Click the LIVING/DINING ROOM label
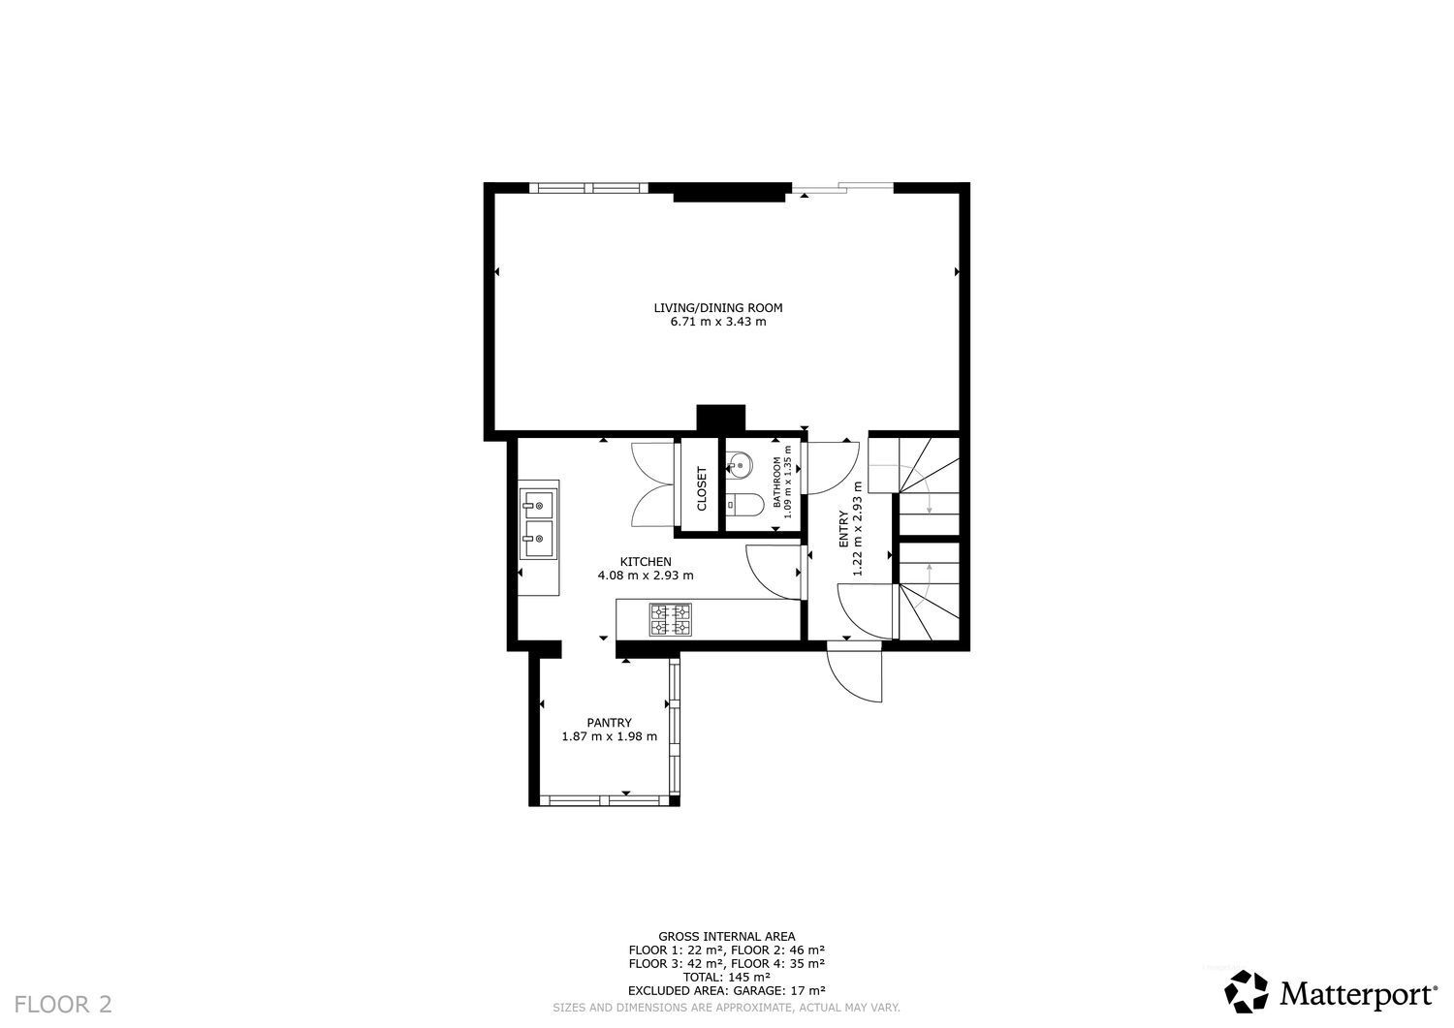point(718,307)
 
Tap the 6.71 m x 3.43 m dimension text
point(718,322)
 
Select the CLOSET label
point(702,488)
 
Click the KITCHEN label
point(646,561)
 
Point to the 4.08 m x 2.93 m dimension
point(646,575)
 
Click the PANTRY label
point(609,723)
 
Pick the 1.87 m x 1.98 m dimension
point(609,736)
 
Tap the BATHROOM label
point(777,483)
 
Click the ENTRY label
point(844,529)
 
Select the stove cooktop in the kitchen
point(671,619)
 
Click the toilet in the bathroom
point(745,504)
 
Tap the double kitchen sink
point(539,524)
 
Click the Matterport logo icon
point(1247,991)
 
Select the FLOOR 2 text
point(63,1004)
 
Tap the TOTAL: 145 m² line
point(726,977)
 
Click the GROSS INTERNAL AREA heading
point(726,937)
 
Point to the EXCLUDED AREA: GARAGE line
point(726,990)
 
